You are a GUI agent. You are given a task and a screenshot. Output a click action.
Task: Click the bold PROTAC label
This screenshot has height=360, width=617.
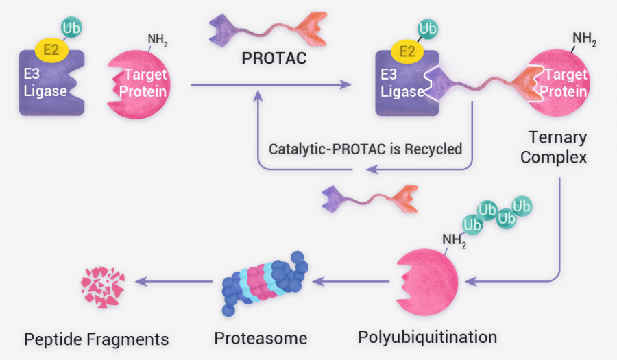pyautogui.click(x=274, y=58)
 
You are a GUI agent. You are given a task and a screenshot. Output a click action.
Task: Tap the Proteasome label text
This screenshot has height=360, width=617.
pyautogui.click(x=261, y=338)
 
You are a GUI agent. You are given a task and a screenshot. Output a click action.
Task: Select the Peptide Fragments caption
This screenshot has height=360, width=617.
pyautogui.click(x=96, y=339)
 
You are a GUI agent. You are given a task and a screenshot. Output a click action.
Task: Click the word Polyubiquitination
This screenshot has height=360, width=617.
pyautogui.click(x=427, y=337)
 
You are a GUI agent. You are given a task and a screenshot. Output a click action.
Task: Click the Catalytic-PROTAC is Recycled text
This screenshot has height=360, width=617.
pyautogui.click(x=365, y=148)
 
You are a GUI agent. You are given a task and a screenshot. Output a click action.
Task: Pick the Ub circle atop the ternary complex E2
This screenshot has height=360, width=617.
pyautogui.click(x=428, y=28)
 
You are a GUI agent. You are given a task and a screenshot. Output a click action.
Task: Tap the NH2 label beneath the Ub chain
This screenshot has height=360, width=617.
pyautogui.click(x=454, y=239)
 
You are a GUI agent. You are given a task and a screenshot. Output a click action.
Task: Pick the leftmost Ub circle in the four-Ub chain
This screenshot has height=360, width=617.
pyautogui.click(x=472, y=224)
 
